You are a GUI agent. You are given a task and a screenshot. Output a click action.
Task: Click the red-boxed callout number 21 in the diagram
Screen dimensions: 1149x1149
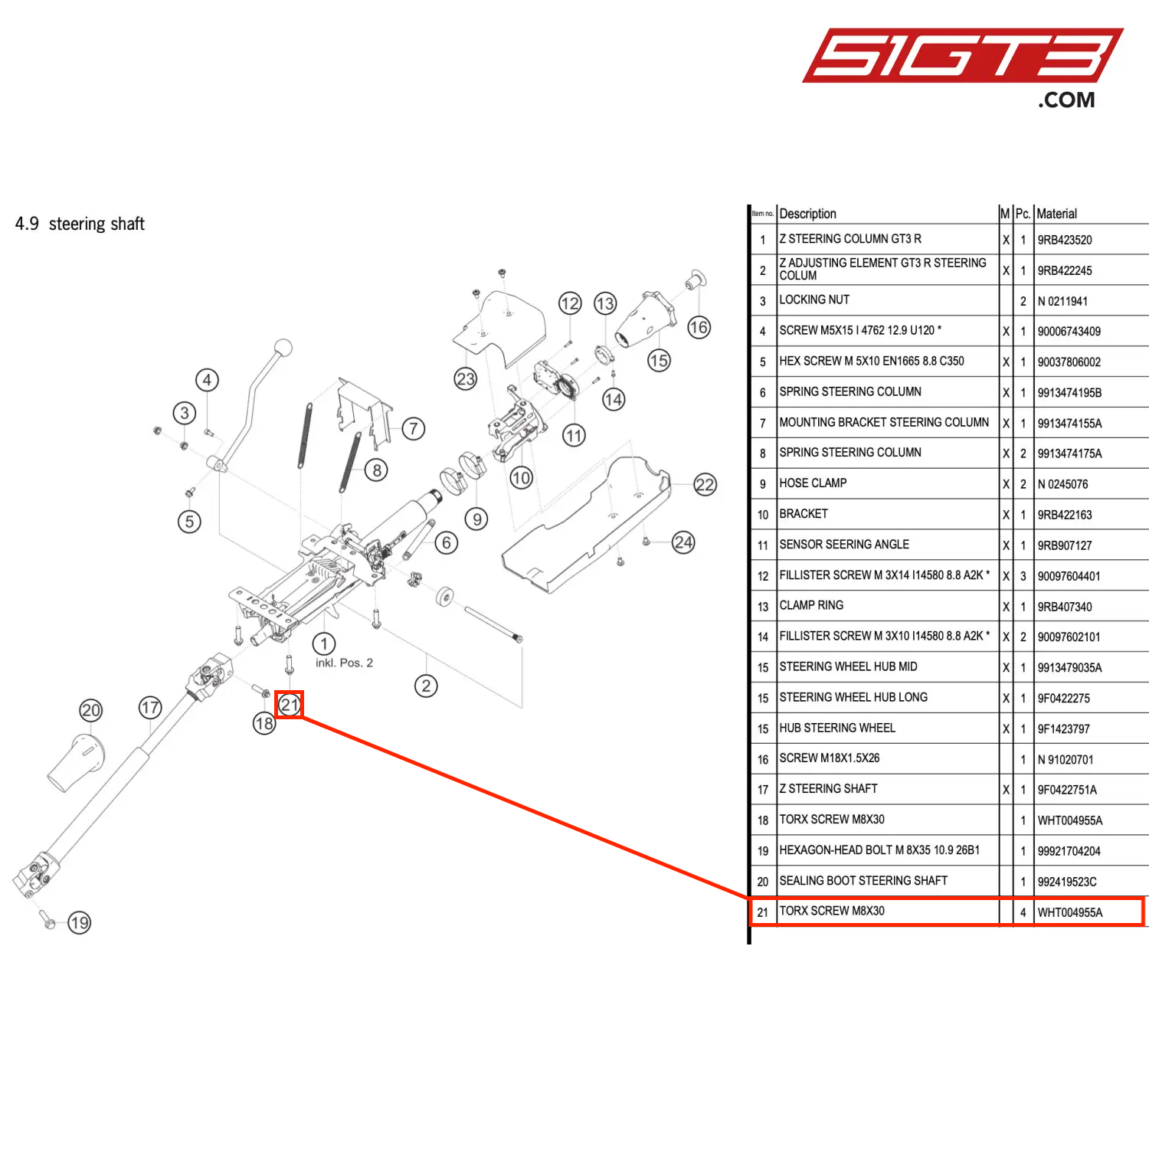click(x=290, y=705)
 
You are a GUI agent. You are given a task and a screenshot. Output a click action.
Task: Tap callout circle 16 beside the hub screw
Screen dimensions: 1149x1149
click(x=699, y=328)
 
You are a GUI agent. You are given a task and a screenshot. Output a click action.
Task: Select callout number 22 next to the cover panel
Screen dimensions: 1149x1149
click(x=705, y=485)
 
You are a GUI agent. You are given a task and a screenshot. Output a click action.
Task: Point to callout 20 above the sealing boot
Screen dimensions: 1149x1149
click(x=91, y=710)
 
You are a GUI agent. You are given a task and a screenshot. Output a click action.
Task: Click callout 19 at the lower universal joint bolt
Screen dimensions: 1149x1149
click(x=80, y=922)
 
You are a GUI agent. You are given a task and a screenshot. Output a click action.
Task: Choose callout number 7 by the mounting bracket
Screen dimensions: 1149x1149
click(x=414, y=428)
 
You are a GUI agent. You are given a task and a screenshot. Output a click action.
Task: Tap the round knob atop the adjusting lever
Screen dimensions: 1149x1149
click(x=283, y=348)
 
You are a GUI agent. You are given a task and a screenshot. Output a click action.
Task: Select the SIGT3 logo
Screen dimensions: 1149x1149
click(x=961, y=57)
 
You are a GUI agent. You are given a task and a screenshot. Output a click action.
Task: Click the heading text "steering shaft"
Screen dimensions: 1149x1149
click(x=97, y=224)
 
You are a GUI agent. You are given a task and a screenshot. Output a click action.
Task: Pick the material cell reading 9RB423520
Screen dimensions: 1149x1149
click(x=1065, y=240)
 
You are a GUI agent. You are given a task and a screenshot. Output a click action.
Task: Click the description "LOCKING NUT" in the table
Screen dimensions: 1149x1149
click(x=814, y=300)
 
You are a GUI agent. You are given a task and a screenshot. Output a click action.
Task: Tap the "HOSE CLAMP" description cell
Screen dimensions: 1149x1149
click(x=813, y=483)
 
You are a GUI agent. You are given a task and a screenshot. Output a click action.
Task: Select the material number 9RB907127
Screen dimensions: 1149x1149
click(x=1065, y=545)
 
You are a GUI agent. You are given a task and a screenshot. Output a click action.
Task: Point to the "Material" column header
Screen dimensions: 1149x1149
click(x=1057, y=214)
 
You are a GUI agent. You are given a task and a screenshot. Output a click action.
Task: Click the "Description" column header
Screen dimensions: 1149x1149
click(x=807, y=214)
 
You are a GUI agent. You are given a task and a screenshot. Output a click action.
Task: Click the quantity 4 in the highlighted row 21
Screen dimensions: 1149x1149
click(x=1023, y=912)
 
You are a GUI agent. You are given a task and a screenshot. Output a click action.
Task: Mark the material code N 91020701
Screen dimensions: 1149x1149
click(x=1066, y=760)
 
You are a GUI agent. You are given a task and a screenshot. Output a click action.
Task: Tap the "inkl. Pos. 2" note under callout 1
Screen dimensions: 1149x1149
click(x=344, y=663)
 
